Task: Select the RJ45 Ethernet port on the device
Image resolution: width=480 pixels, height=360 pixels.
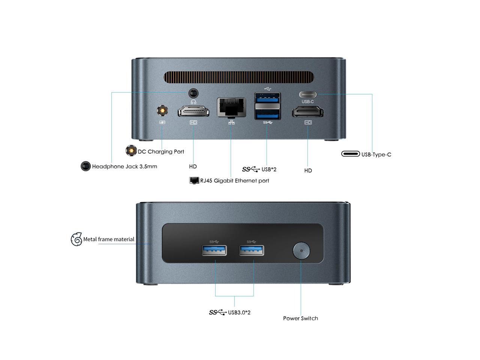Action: pos(231,107)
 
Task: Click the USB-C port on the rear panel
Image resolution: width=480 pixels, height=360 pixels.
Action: pos(307,94)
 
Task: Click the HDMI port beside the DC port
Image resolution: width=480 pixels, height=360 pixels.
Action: pos(193,111)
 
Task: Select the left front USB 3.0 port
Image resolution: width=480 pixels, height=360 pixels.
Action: pos(214,250)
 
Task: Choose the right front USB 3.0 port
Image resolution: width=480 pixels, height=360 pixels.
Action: pos(252,250)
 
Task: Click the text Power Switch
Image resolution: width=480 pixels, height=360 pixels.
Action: pos(300,318)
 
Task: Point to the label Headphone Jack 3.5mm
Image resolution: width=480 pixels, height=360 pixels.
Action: pos(124,166)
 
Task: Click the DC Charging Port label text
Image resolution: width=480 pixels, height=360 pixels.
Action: pos(161,151)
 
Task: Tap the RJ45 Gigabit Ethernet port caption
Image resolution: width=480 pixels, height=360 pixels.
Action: pos(234,181)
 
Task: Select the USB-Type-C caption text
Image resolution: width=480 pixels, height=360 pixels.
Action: pos(376,154)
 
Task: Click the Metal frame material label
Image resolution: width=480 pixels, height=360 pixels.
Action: pos(109,239)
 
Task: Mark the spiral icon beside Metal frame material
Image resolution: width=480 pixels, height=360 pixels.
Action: pos(76,239)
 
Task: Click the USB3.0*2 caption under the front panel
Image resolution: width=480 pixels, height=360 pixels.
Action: pos(239,312)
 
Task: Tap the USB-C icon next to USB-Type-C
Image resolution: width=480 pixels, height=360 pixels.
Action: pos(351,154)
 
